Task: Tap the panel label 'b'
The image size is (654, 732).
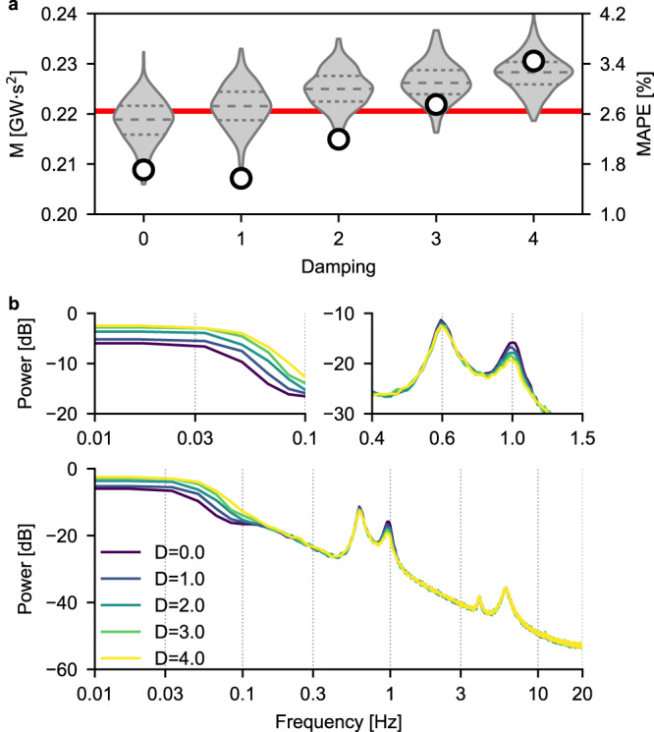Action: click(x=8, y=306)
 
